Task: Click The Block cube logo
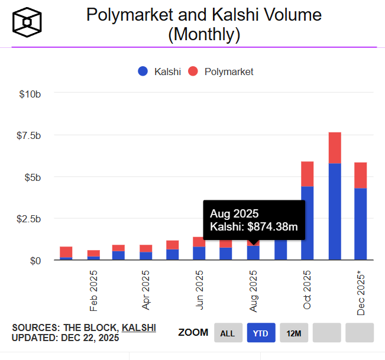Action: pos(27,22)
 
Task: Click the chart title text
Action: pos(204,24)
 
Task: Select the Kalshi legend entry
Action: pos(159,72)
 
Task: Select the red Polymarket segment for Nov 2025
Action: pos(335,148)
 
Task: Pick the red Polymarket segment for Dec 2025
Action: pos(361,175)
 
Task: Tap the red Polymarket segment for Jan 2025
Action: pos(66,252)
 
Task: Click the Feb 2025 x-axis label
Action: pos(93,291)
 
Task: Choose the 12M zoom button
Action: pos(294,333)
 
